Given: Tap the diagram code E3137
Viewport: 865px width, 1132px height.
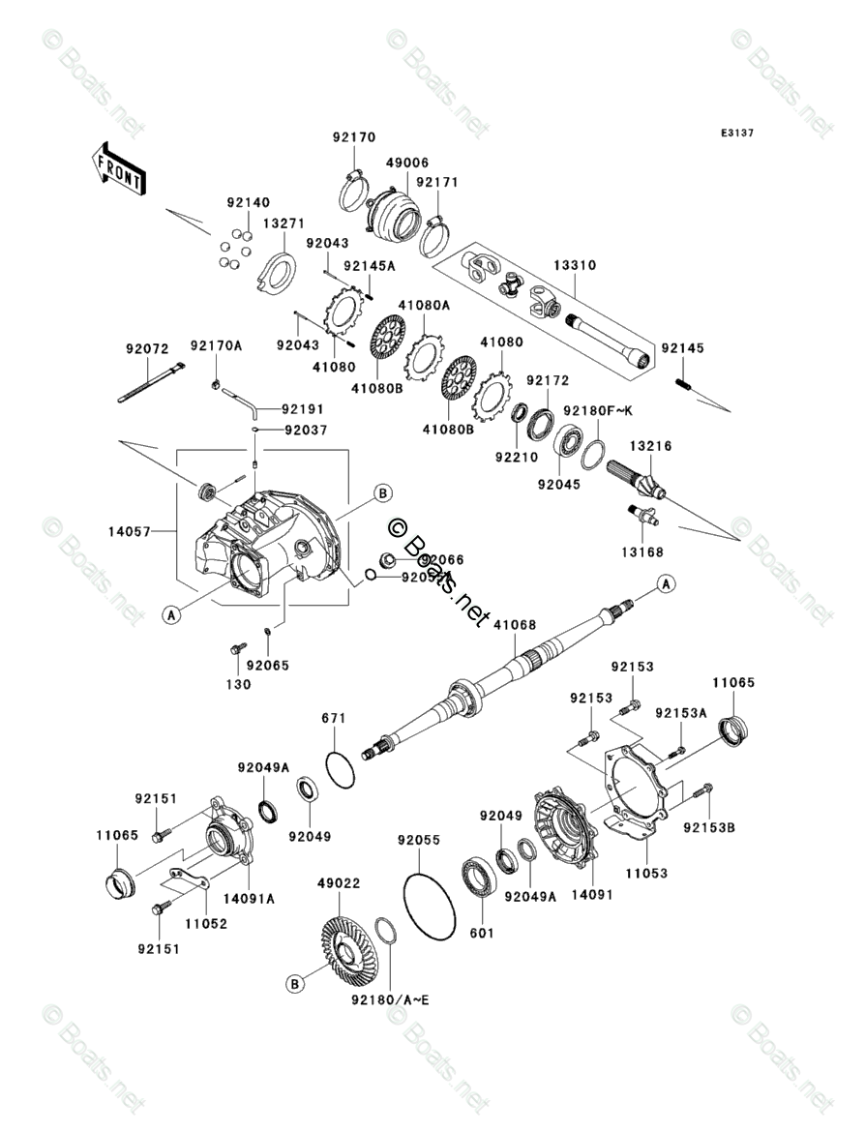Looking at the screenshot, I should point(735,134).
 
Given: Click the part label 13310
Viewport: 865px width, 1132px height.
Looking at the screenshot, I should point(575,265).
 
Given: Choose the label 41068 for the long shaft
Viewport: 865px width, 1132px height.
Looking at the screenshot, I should point(515,626).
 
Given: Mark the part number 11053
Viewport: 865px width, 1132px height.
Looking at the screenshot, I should point(646,873).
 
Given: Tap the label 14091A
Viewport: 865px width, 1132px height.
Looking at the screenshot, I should point(250,898).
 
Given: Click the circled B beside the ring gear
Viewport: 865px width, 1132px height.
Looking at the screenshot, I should point(295,984).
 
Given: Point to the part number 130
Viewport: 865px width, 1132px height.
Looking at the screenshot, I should point(238,684).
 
